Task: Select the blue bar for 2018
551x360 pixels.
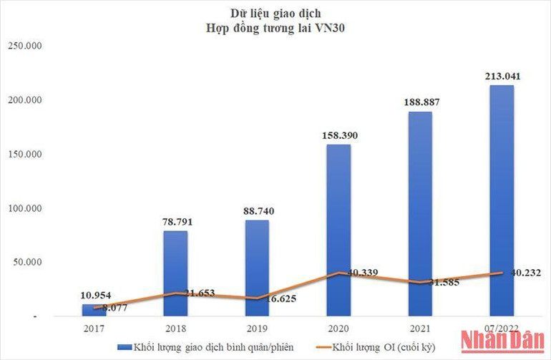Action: pos(176,273)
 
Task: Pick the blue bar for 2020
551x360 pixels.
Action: pos(338,230)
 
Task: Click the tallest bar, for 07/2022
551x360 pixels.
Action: pos(501,200)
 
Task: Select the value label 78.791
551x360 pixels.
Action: pos(176,221)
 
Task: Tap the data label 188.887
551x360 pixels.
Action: pos(420,102)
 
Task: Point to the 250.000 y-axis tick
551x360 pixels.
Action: pos(26,45)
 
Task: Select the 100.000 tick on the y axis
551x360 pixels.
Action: pos(26,208)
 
